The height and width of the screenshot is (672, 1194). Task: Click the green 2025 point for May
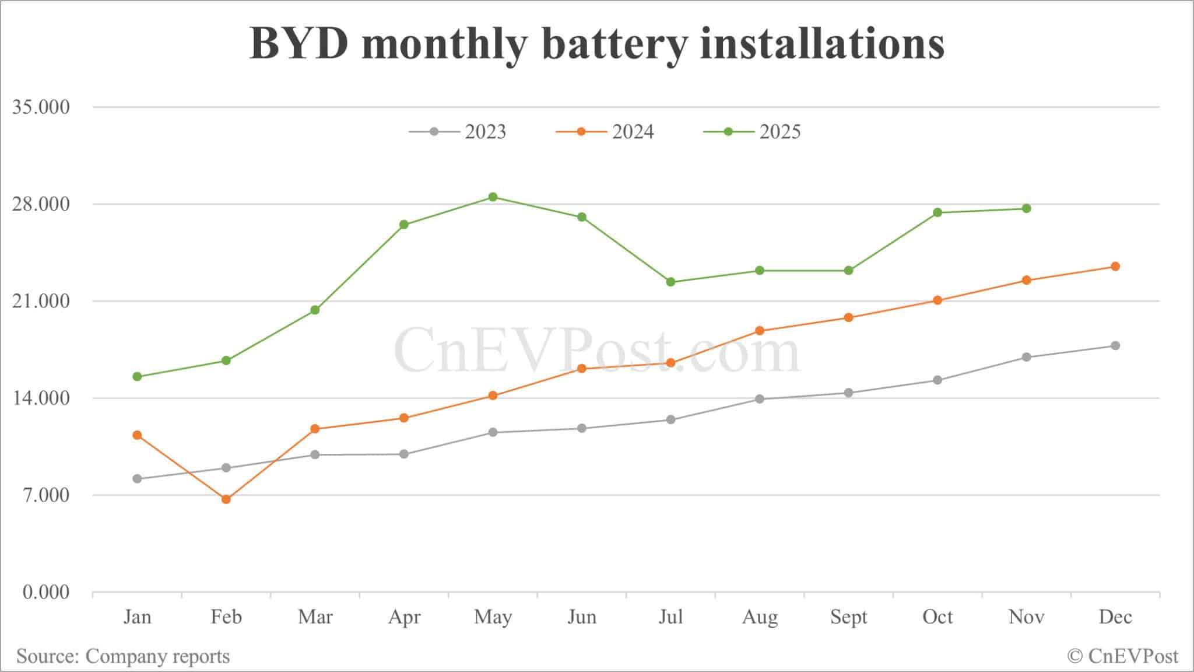pos(493,197)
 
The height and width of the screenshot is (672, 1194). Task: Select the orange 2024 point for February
pos(226,499)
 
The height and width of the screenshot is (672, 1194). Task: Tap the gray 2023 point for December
pos(1115,346)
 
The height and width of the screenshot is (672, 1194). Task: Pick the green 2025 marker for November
pos(1026,209)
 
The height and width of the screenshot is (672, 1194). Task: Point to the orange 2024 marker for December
pos(1115,267)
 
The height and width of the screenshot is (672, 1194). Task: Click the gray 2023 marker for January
pos(137,479)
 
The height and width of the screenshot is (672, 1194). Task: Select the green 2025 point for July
pos(670,282)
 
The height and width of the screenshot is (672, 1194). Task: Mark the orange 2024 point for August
pos(760,331)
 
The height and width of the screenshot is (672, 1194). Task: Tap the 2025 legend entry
pos(752,132)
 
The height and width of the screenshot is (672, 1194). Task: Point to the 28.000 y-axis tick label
pos(40,204)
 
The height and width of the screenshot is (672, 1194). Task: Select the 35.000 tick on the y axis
pos(40,107)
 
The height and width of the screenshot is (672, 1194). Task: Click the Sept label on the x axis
pos(848,617)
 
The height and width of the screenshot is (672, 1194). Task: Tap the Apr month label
pos(404,617)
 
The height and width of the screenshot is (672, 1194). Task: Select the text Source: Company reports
pos(123,656)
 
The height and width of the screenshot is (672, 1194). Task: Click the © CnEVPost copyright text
pos(1123,656)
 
